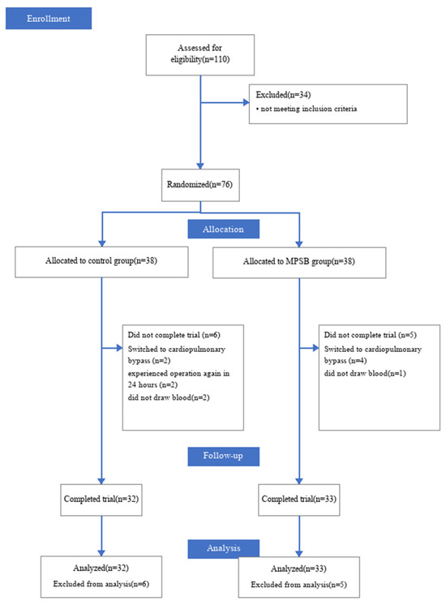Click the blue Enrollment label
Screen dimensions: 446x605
coord(49,18)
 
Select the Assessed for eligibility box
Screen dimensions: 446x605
coord(199,55)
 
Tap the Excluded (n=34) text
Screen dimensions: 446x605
coord(283,95)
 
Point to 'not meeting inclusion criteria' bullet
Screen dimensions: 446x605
coord(307,109)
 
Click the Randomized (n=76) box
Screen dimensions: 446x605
coord(200,185)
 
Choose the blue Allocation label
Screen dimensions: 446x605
coord(223,230)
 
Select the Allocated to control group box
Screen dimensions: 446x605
coord(101,262)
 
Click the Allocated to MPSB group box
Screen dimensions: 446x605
coord(299,263)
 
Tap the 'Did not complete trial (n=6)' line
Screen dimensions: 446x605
coord(174,335)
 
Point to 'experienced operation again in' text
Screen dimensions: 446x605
coord(178,374)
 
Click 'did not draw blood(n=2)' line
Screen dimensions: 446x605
coord(169,397)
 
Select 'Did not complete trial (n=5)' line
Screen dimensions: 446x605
coord(371,335)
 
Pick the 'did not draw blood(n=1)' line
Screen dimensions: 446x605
coord(365,373)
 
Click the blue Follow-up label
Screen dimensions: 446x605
coord(223,457)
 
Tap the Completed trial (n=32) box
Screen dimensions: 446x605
coord(101,500)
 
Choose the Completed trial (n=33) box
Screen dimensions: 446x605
coord(299,500)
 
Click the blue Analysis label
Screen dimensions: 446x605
coord(223,549)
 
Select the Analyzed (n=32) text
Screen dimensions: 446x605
coord(101,568)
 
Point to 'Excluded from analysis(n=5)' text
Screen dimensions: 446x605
coord(299,585)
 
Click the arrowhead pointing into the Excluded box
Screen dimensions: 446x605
coord(247,103)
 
